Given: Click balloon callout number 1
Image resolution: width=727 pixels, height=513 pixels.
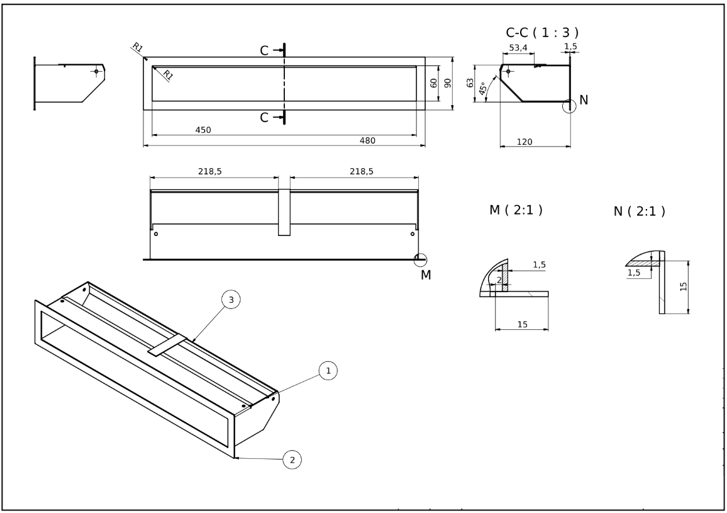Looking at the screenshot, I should [327, 371].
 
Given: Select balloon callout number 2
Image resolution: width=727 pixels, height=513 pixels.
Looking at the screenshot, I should [291, 460].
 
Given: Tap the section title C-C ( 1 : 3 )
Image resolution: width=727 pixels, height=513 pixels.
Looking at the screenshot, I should [542, 33].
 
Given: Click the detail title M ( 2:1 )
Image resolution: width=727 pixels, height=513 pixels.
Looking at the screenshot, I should [516, 210].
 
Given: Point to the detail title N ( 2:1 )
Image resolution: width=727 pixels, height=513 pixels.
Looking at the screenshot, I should [639, 211].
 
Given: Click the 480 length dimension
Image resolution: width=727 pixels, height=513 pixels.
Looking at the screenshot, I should [367, 140].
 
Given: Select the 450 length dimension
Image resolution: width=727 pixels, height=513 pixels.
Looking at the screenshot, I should [203, 130].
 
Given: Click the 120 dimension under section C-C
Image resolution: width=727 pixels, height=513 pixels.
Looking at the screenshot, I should [524, 142].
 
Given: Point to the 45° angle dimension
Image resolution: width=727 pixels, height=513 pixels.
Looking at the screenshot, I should [483, 89].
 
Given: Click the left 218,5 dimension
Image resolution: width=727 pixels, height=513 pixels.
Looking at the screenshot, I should [209, 171].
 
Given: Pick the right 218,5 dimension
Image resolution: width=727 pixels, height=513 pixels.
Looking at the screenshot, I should [360, 171].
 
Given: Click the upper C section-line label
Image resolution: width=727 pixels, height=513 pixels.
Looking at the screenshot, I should [265, 50].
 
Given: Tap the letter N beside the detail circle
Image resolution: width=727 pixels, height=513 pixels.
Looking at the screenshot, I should [584, 99].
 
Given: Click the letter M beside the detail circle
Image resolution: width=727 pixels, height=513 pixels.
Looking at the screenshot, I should [426, 274].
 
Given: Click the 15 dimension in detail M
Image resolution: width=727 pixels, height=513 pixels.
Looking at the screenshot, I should [522, 324].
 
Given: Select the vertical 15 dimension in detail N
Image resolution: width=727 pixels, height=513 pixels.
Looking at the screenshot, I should [684, 286].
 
